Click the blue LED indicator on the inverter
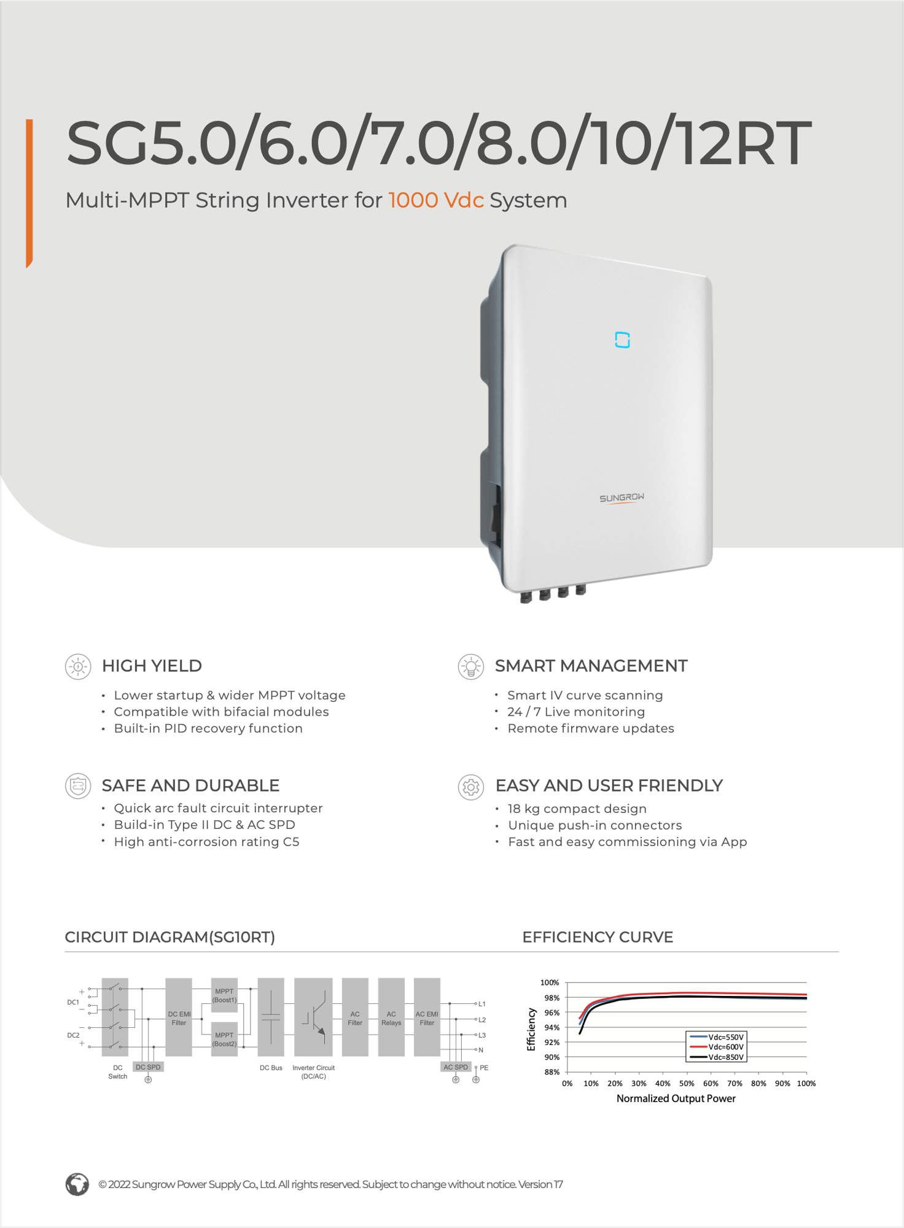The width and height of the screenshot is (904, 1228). click(x=622, y=340)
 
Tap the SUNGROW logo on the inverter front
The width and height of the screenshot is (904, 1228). click(x=621, y=497)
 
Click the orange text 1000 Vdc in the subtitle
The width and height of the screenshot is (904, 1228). click(x=436, y=200)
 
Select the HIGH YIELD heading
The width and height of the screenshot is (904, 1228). click(x=152, y=666)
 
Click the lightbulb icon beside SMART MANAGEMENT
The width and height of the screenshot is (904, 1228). click(x=471, y=667)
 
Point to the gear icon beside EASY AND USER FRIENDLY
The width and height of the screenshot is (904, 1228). click(x=471, y=787)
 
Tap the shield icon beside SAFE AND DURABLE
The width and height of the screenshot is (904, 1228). click(x=78, y=786)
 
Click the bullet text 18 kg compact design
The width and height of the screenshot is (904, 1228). click(x=577, y=809)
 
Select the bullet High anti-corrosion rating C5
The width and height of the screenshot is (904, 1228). click(x=206, y=842)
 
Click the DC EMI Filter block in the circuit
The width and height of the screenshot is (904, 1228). click(x=179, y=1017)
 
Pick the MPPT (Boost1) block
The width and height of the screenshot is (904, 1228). click(x=224, y=995)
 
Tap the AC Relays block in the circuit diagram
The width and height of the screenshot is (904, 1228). click(x=391, y=1017)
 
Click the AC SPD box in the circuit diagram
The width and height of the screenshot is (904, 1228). click(x=456, y=1067)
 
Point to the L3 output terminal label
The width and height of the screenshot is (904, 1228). click(x=482, y=1035)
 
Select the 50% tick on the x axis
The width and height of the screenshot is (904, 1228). click(x=687, y=1084)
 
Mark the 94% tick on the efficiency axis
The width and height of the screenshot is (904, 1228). click(x=551, y=1027)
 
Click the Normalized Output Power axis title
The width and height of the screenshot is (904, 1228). click(x=676, y=1098)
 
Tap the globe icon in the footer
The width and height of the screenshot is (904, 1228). click(x=77, y=1184)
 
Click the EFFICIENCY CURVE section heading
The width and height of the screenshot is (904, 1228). click(x=598, y=937)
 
